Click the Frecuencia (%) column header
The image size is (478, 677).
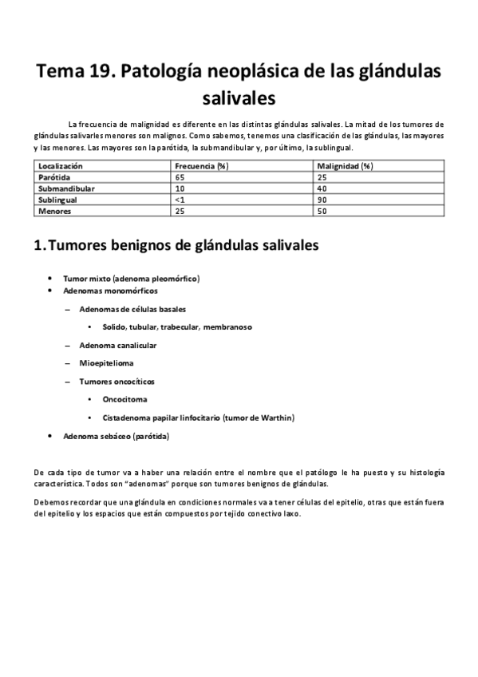pos(202,165)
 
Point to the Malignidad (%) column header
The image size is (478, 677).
pos(345,165)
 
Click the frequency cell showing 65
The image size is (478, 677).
pos(180,176)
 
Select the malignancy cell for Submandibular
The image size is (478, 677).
pos(322,188)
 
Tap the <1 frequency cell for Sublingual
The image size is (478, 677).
pos(180,200)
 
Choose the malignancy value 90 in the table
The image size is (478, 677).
pos(322,200)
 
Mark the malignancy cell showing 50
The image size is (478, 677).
pos(322,212)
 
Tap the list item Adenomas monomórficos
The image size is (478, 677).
pos(112,291)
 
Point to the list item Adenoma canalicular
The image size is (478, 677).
pos(117,345)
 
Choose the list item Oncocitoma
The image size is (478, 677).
pos(124,399)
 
